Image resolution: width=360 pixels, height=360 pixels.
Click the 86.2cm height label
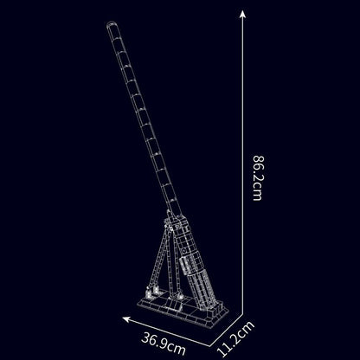click(x=257, y=178)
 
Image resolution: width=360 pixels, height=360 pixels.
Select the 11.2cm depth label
click(x=236, y=339)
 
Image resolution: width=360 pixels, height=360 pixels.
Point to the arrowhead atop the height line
click(x=243, y=14)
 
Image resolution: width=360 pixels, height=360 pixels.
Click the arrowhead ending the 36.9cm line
click(x=126, y=319)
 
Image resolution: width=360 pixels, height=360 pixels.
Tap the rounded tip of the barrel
click(x=111, y=24)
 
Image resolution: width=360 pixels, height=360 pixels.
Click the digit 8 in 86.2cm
click(x=257, y=158)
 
